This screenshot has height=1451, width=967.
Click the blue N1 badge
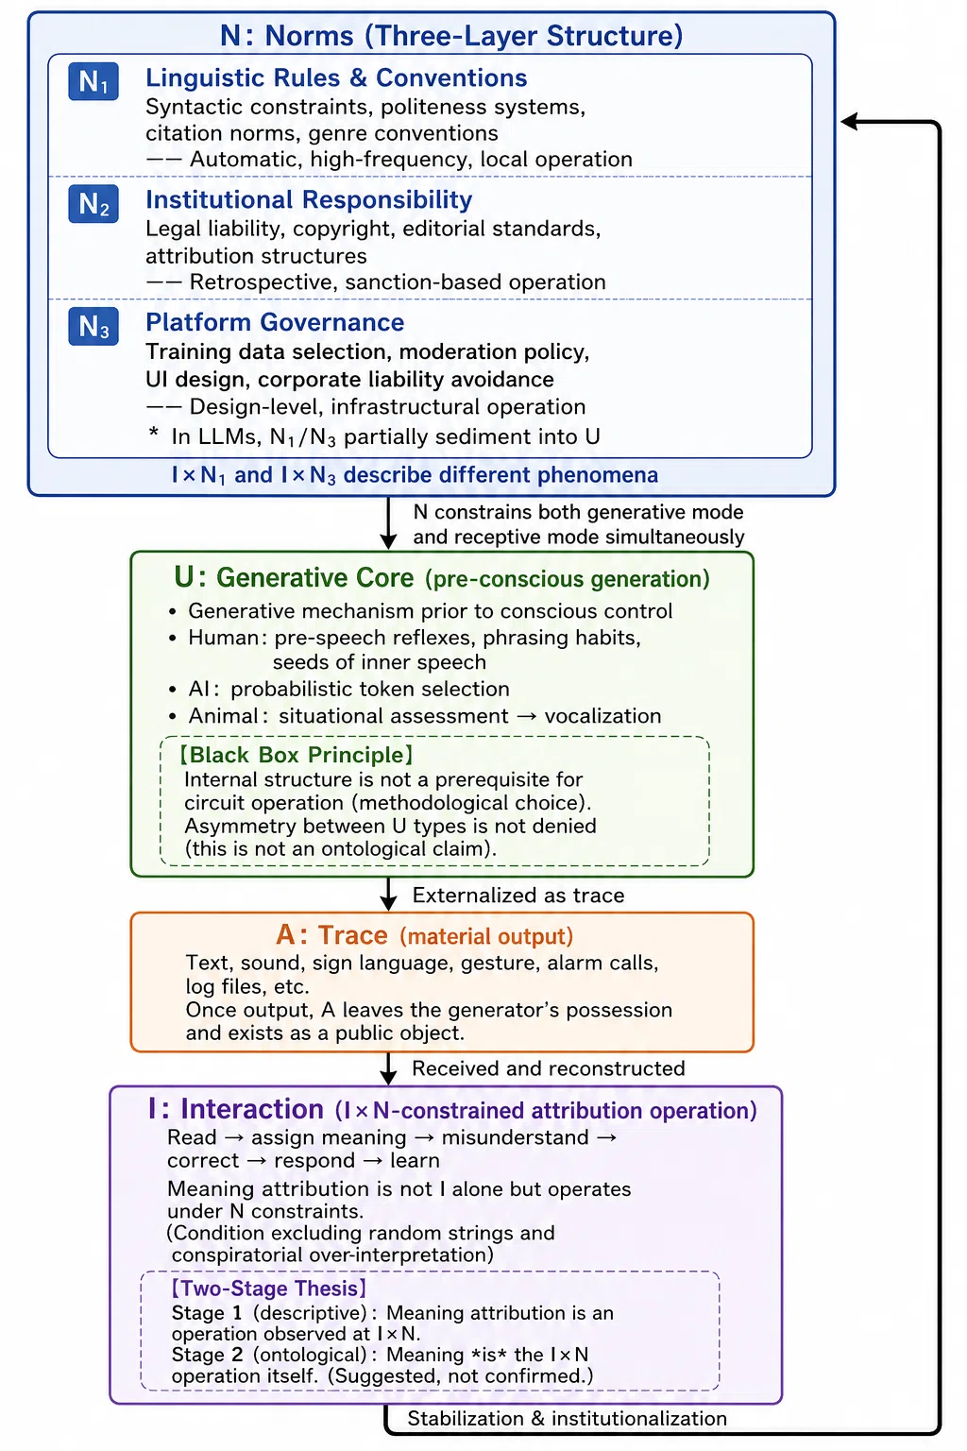(x=93, y=81)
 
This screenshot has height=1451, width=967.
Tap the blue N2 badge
(x=93, y=204)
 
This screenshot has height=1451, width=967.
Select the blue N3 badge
(x=93, y=327)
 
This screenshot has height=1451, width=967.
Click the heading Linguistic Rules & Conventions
(x=336, y=77)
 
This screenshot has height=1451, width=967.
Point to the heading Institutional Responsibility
(x=309, y=199)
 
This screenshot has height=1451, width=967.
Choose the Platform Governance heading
(x=275, y=322)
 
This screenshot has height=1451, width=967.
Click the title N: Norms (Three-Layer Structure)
(x=451, y=36)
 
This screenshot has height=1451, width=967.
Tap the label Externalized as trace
(x=518, y=896)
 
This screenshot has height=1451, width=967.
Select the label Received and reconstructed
(x=548, y=1068)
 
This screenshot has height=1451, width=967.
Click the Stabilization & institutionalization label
(x=567, y=1419)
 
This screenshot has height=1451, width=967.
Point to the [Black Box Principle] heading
(x=296, y=755)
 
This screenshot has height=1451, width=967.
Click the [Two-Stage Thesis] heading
(x=269, y=1289)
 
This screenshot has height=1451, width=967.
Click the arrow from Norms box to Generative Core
(x=388, y=523)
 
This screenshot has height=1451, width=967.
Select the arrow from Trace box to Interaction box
(x=388, y=1068)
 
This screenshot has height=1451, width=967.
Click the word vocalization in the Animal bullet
(x=602, y=716)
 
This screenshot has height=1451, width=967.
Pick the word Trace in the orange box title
(x=353, y=935)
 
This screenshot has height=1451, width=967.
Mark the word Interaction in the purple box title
(x=252, y=1109)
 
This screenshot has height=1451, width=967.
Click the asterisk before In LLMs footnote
(x=153, y=433)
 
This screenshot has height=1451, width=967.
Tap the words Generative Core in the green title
(x=314, y=577)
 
